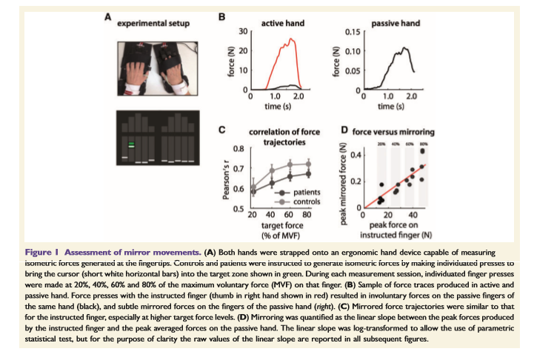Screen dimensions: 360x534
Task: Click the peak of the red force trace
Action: (x=293, y=39)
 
